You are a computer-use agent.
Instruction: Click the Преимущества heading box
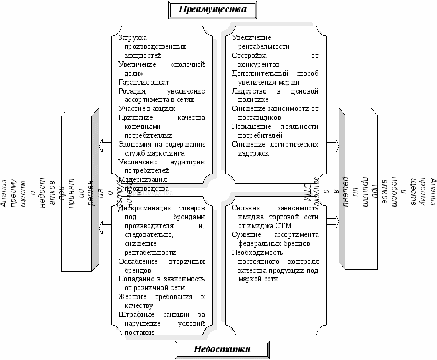click(x=213, y=9)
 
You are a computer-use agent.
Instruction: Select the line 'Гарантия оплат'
click(x=144, y=82)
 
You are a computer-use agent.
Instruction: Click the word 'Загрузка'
click(x=133, y=38)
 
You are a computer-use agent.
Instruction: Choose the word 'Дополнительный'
click(x=257, y=73)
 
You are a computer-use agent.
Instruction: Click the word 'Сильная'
click(x=245, y=208)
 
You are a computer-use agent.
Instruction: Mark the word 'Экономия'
click(x=134, y=145)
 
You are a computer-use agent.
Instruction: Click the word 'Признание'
click(x=135, y=118)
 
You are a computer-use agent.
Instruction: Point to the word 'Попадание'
click(x=136, y=279)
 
